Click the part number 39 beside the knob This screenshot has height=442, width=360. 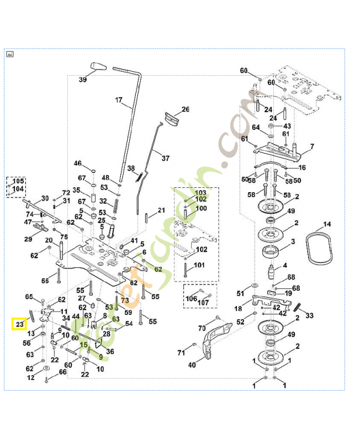(x=83, y=80)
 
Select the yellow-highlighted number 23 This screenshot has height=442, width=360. (x=20, y=324)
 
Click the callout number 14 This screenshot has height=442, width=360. (x=327, y=224)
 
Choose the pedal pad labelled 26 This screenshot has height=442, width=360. (x=172, y=119)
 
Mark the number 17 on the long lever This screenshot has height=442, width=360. (x=118, y=100)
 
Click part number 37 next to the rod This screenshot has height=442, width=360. (x=165, y=158)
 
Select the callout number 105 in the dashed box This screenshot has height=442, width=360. (x=18, y=181)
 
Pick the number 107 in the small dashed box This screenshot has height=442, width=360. (x=203, y=303)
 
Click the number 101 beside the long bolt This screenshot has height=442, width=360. (x=199, y=265)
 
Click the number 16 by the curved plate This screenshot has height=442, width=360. (x=302, y=167)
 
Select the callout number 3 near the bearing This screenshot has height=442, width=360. (x=293, y=241)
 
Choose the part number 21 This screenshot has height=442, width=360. (x=161, y=211)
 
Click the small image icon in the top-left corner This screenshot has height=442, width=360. (x=10, y=54)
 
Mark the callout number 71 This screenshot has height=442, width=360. (x=181, y=352)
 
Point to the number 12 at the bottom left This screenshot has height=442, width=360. (x=31, y=377)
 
